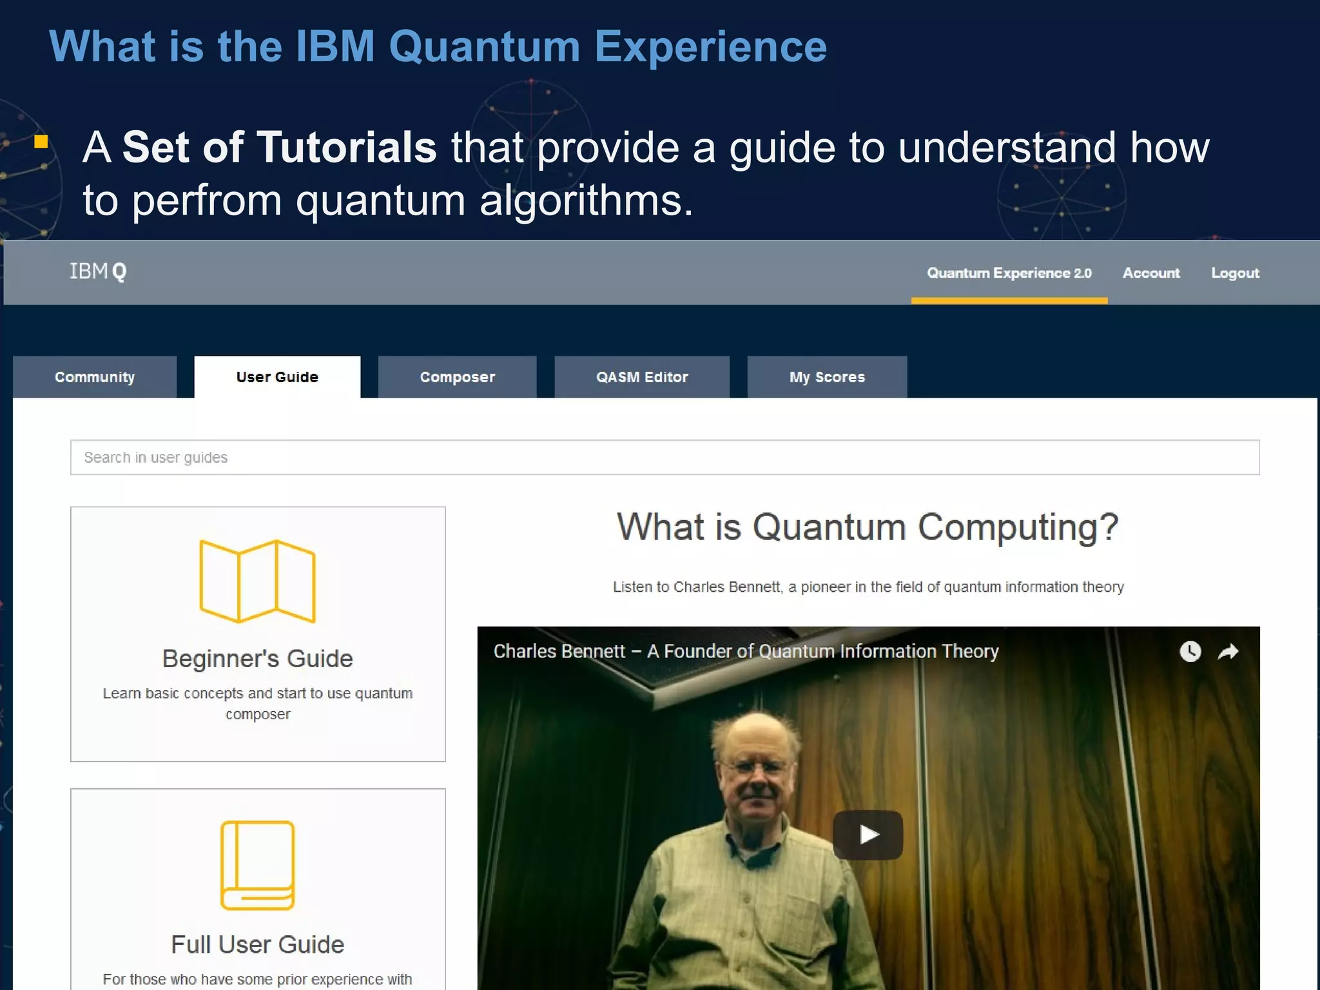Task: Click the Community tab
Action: click(95, 377)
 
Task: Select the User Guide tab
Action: click(277, 377)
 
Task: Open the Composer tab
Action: click(458, 377)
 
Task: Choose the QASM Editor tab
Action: click(642, 377)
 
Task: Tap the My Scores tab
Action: click(827, 377)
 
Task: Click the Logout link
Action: click(1235, 273)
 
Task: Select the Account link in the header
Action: click(1151, 273)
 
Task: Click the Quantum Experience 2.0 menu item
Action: click(1009, 273)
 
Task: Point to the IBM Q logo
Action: click(98, 271)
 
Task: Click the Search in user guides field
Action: click(665, 458)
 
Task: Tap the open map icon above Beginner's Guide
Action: click(257, 581)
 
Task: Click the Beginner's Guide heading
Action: click(258, 659)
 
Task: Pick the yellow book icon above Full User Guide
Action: click(258, 865)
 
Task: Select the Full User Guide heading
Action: click(258, 945)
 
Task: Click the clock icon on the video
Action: click(1190, 652)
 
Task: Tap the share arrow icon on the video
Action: click(1228, 652)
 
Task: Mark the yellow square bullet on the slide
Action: click(41, 141)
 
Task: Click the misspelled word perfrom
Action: click(207, 200)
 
